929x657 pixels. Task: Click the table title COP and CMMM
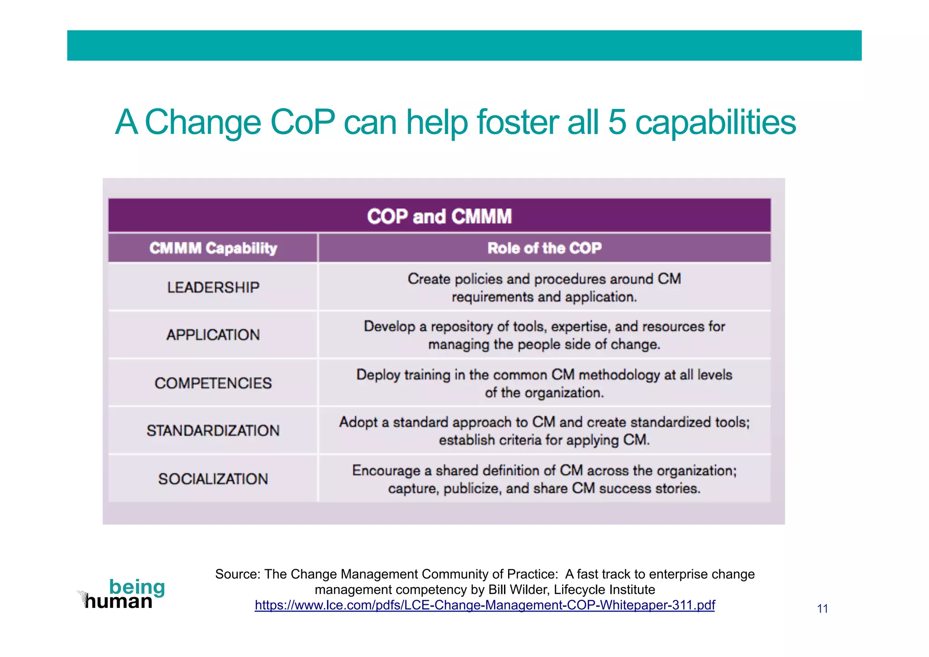[x=439, y=216]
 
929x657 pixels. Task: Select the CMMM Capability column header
[x=213, y=248]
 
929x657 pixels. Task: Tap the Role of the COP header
[x=544, y=248]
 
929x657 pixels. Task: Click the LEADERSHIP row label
[x=213, y=287]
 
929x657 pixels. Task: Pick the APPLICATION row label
[x=213, y=335]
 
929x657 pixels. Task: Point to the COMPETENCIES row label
[x=213, y=383]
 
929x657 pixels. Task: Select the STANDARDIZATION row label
[x=213, y=430]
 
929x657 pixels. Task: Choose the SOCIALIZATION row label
[x=213, y=479]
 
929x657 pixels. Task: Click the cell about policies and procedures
[x=544, y=287]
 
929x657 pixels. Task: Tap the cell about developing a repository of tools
[x=544, y=335]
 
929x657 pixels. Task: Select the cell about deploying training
[x=544, y=383]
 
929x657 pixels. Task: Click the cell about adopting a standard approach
[x=544, y=431]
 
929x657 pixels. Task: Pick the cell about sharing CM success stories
[x=544, y=479]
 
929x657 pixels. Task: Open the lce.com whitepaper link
[x=484, y=605]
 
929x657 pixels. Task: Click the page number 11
[x=822, y=609]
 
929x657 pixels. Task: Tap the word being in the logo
[x=137, y=587]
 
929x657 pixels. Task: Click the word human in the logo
[x=119, y=602]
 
